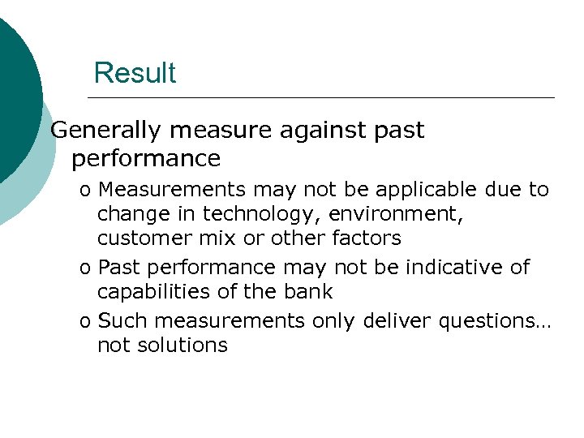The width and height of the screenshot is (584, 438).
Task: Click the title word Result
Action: click(x=134, y=73)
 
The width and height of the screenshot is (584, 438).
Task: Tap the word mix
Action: click(x=203, y=238)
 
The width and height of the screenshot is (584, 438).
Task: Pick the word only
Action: click(x=333, y=321)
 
